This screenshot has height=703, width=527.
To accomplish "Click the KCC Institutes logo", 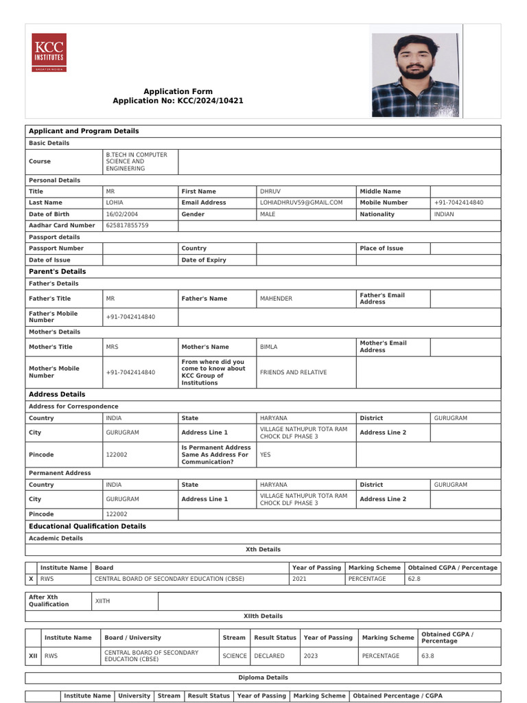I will (49, 53).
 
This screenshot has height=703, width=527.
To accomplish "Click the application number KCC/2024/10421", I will (178, 101).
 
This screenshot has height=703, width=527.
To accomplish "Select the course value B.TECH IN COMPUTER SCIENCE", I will (132, 161).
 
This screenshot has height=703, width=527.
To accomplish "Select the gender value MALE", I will (268, 214).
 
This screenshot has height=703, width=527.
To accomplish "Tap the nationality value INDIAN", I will (444, 214).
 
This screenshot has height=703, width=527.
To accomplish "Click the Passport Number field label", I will (56, 249).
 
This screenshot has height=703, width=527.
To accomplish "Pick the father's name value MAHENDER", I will (276, 299).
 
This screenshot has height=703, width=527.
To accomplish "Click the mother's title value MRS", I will (113, 347).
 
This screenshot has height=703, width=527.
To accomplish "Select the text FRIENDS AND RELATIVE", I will (293, 373).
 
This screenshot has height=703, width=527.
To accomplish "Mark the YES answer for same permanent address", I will (266, 454).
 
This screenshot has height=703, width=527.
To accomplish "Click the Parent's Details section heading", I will (57, 272).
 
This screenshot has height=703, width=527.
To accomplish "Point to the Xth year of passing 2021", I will (300, 579).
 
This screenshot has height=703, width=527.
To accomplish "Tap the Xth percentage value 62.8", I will (414, 579).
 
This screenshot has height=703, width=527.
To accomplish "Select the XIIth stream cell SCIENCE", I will (235, 656).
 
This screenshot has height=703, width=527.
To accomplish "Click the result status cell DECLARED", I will (269, 656).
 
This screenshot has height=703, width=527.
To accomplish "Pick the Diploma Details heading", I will (263, 678).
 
